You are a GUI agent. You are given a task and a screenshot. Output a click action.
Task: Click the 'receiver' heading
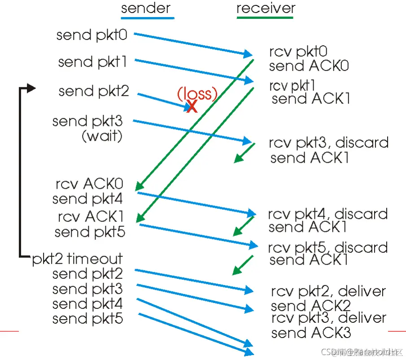[266, 9]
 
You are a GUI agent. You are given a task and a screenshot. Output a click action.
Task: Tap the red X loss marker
[192, 106]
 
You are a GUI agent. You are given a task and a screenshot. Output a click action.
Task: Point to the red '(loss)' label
[197, 93]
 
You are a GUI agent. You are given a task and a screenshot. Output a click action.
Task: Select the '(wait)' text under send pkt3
[102, 136]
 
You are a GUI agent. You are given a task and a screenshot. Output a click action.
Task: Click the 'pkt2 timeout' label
[77, 259]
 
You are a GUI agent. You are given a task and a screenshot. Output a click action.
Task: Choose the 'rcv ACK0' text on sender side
[90, 184]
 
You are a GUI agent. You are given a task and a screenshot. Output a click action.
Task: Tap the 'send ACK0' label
[309, 66]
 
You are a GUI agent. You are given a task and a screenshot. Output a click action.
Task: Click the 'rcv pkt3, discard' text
[328, 143]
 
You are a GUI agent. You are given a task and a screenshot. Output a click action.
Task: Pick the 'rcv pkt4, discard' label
[328, 213]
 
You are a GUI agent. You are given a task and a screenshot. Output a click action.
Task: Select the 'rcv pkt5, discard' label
[328, 247]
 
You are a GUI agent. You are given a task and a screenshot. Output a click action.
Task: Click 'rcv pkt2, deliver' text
[328, 291]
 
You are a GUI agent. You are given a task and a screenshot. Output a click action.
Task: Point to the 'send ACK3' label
[311, 333]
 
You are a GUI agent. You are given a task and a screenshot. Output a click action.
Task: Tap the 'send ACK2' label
[311, 306]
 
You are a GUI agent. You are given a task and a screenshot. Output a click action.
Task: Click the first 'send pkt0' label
[92, 35]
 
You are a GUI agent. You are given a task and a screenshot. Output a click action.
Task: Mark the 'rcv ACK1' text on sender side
[91, 217]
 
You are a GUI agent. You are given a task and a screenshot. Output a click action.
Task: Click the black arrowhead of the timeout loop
[31, 88]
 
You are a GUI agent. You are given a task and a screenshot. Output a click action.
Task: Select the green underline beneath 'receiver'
[265, 18]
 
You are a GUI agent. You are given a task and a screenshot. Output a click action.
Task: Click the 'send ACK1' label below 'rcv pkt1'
[310, 99]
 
